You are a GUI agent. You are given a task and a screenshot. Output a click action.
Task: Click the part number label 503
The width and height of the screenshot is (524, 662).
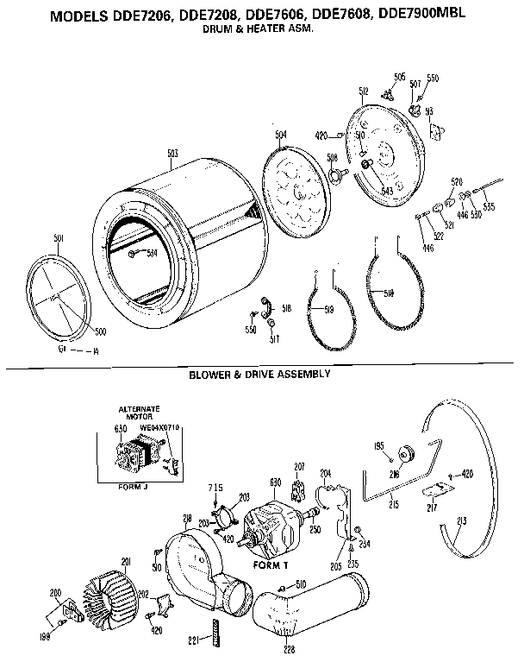[172, 154]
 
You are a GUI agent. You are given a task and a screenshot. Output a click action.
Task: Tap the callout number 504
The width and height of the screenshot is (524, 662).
[281, 135]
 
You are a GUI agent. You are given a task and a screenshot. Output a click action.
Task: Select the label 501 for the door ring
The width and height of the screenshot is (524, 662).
[59, 238]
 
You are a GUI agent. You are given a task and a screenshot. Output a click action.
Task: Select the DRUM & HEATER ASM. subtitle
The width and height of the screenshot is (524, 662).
[256, 28]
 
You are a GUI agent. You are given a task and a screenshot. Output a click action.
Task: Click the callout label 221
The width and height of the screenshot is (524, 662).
[196, 640]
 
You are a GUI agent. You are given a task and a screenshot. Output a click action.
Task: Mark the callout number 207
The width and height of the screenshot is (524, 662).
[299, 467]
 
